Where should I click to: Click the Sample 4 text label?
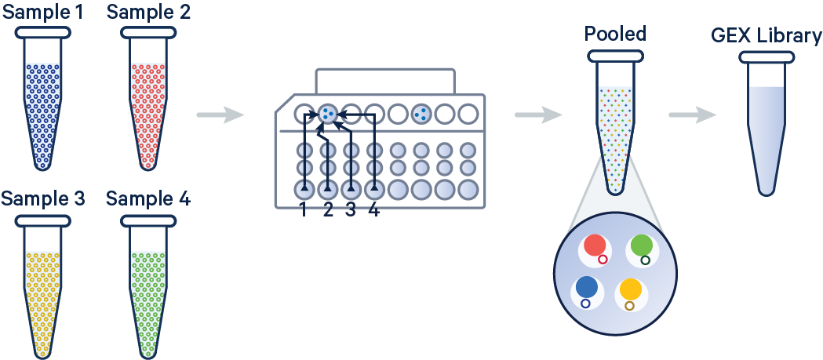coord(148,198)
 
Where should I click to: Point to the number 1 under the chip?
coord(304,210)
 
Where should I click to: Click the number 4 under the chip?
coord(374,210)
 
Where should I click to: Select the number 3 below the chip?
coord(351,210)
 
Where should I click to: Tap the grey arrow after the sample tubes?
coord(220,116)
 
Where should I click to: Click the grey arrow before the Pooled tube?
coord(538,116)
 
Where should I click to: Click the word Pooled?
coord(615,34)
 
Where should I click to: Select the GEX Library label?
coord(766,36)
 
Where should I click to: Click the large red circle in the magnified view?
coord(594,245)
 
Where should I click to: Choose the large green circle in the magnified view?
coord(641,245)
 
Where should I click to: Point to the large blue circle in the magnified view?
coord(586,288)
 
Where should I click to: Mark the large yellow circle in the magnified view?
coord(631,289)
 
